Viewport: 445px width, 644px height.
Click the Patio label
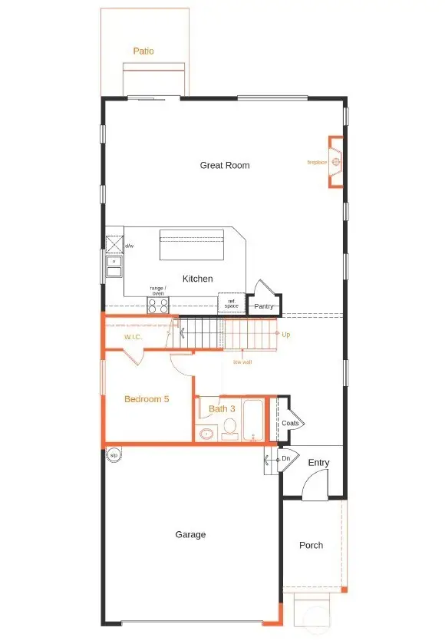point(143,51)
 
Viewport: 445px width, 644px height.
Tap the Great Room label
point(225,165)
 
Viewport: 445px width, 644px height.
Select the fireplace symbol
point(335,162)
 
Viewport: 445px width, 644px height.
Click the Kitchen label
point(197,279)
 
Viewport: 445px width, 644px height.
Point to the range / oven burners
point(158,306)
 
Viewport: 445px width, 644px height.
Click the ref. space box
point(231,304)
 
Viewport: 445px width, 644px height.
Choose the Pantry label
point(264,306)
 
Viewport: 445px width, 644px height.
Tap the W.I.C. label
point(134,337)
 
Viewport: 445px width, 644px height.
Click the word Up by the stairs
point(286,335)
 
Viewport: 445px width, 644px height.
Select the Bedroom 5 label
point(147,399)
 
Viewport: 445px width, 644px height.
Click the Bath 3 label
point(222,408)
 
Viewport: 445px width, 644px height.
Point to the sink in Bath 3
point(206,434)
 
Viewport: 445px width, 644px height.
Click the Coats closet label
point(290,423)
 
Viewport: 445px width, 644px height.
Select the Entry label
point(318,463)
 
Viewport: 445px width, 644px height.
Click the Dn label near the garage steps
point(285,458)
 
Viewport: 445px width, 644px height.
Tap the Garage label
point(190,534)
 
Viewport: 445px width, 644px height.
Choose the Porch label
point(311,545)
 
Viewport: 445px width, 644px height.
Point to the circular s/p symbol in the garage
point(114,454)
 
